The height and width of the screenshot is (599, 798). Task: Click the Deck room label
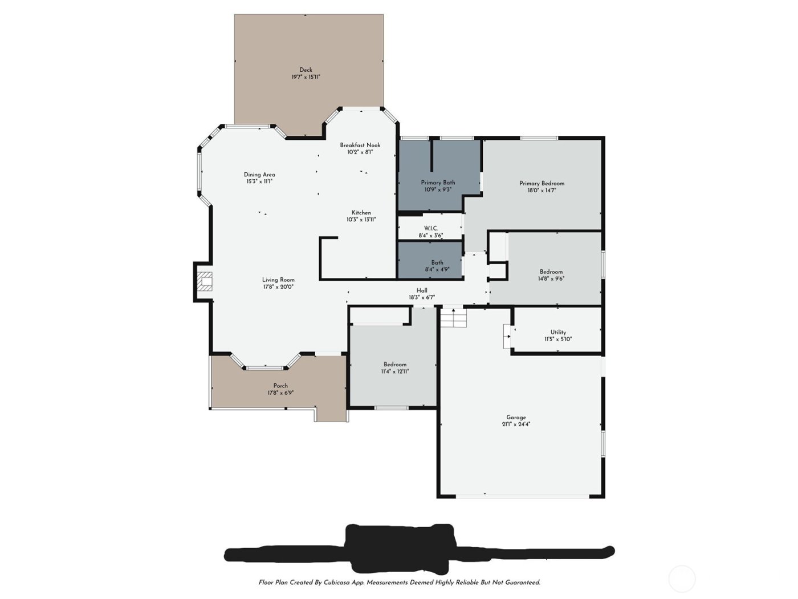[x=306, y=70]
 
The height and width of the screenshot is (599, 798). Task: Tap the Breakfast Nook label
[x=360, y=145]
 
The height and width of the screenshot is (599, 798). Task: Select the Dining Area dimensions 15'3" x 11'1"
[x=259, y=181]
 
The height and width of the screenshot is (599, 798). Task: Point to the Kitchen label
[x=361, y=213]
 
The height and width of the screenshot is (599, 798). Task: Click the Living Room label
[x=278, y=280]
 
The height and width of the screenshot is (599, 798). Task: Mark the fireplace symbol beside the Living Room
[x=205, y=282]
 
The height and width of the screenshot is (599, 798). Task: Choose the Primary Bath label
[x=438, y=183]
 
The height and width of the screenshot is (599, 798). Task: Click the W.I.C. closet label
[x=431, y=228]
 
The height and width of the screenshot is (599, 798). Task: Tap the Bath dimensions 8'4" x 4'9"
[x=437, y=269]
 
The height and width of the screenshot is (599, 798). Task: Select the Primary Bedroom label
[x=541, y=184]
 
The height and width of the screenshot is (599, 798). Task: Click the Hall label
[x=422, y=290]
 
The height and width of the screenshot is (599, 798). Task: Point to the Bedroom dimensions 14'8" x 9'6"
[x=551, y=279]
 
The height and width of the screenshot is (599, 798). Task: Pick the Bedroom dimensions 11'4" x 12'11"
[x=395, y=371]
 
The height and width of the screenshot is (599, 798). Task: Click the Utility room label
[x=558, y=332]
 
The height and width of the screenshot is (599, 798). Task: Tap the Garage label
[x=516, y=417]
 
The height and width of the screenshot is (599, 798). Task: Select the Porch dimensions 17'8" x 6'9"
[x=280, y=392]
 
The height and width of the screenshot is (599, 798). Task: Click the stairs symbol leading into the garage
[x=453, y=317]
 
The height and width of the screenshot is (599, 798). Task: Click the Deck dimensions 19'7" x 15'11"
[x=306, y=77]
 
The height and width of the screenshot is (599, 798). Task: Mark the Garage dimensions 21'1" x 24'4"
[x=516, y=424]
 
